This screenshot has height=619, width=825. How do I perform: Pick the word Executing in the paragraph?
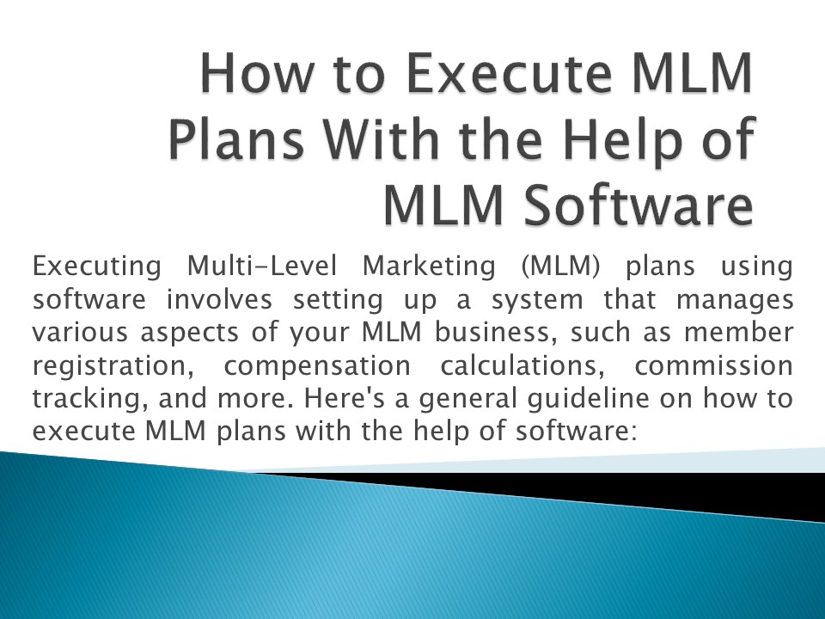[x=96, y=267]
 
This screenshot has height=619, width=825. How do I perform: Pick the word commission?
[x=713, y=365]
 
